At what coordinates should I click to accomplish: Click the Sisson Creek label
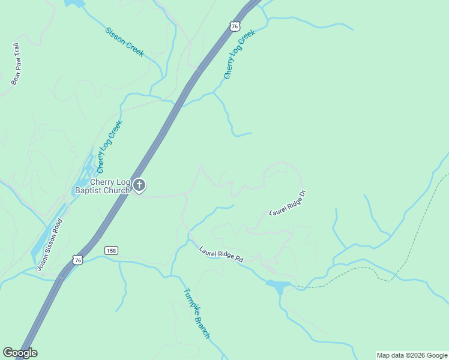[124, 42]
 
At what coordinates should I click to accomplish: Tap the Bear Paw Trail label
[16, 63]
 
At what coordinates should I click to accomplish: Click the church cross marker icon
[139, 186]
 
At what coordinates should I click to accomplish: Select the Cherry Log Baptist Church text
[101, 187]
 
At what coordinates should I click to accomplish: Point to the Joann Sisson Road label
[49, 244]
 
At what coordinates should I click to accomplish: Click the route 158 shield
[110, 250]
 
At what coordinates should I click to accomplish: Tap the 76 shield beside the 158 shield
[76, 259]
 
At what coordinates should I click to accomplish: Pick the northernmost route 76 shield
[235, 26]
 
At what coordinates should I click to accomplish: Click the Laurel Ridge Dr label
[288, 203]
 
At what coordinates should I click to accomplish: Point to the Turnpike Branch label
[196, 313]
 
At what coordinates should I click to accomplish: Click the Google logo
[20, 353]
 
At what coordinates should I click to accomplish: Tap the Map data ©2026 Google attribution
[412, 355]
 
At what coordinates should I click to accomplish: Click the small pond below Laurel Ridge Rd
[279, 286]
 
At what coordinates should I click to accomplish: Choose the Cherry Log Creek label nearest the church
[109, 146]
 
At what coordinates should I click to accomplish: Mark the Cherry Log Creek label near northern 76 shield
[240, 54]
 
